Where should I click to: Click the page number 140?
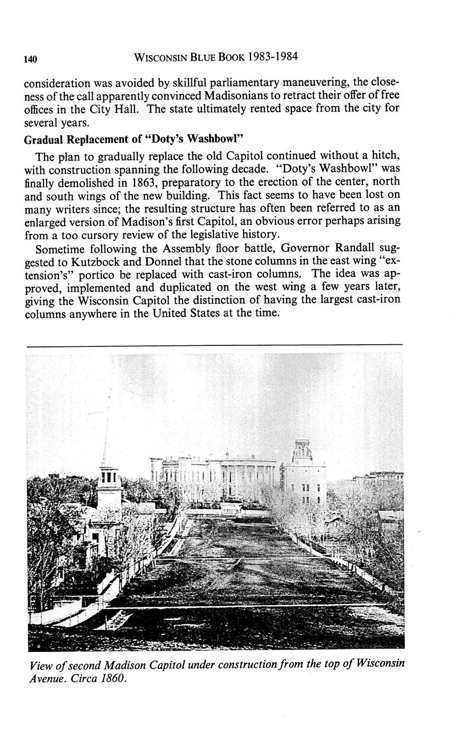30,59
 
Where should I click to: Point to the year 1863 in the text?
145,184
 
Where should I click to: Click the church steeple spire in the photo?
106,443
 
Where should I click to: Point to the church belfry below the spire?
108,478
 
